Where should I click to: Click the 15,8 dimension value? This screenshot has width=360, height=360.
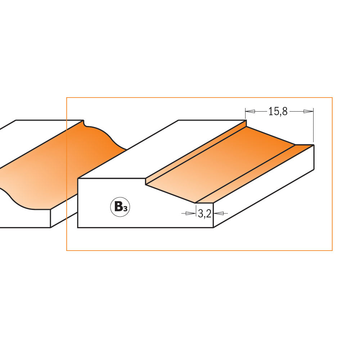278,112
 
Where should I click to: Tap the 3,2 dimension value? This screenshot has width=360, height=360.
204,214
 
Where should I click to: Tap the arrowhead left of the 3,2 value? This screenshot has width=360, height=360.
189,213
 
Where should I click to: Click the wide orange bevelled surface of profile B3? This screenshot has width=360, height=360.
223,162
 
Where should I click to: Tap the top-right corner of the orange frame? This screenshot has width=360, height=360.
332,98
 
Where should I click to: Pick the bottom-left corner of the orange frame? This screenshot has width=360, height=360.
67,250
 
